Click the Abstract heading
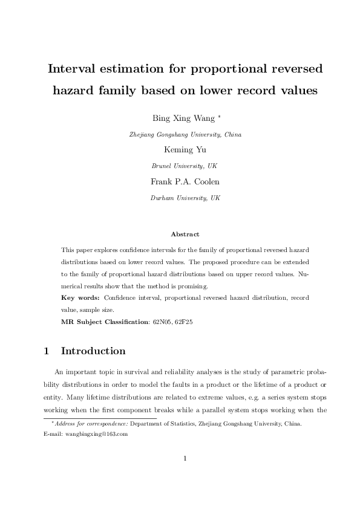coord(185,233)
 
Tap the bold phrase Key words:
coord(81,298)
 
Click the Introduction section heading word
coord(93,351)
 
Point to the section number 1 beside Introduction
coord(47,351)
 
